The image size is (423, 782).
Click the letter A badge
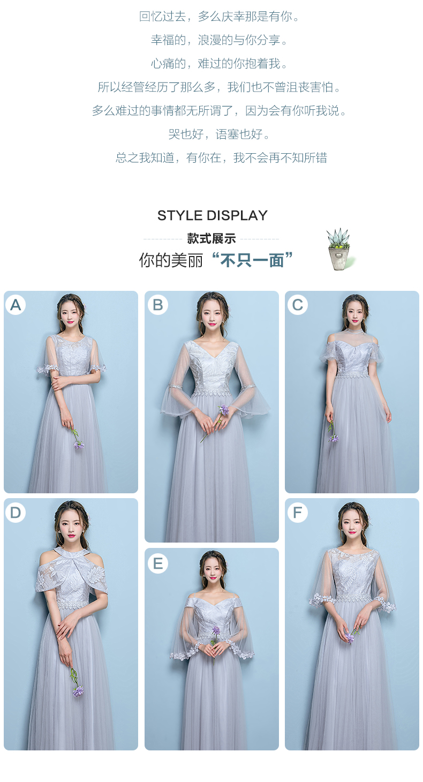tap(16, 305)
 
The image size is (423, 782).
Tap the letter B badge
tap(158, 305)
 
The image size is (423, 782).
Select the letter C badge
tap(297, 305)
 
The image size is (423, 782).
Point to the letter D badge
tap(16, 512)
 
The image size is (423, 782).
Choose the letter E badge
tap(158, 563)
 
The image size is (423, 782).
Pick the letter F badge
tap(297, 512)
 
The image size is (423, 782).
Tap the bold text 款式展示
tap(211, 238)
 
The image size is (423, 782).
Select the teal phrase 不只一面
tap(252, 260)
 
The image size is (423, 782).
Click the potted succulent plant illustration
tap(339, 249)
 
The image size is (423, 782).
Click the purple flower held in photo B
tap(224, 410)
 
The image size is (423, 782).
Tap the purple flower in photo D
tap(78, 690)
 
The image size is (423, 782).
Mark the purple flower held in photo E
tap(216, 630)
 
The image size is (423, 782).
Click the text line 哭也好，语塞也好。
tap(219, 134)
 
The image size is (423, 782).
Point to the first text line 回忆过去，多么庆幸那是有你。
tap(219, 17)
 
